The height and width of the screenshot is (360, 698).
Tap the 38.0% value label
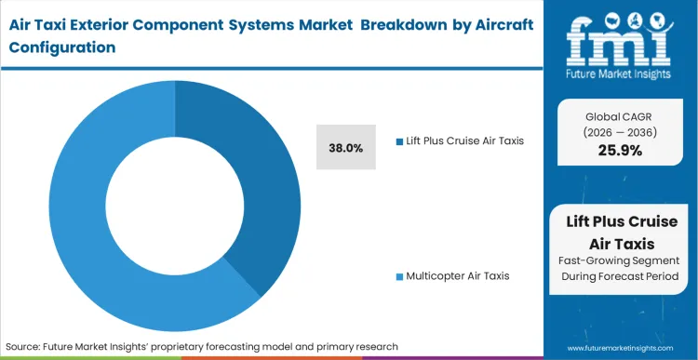[346, 147]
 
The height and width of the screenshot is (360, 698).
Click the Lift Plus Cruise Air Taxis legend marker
[399, 142]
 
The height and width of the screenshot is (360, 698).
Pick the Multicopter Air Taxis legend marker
[399, 276]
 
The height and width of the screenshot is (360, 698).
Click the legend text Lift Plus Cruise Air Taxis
[466, 142]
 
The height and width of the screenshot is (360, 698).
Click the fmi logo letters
[618, 33]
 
